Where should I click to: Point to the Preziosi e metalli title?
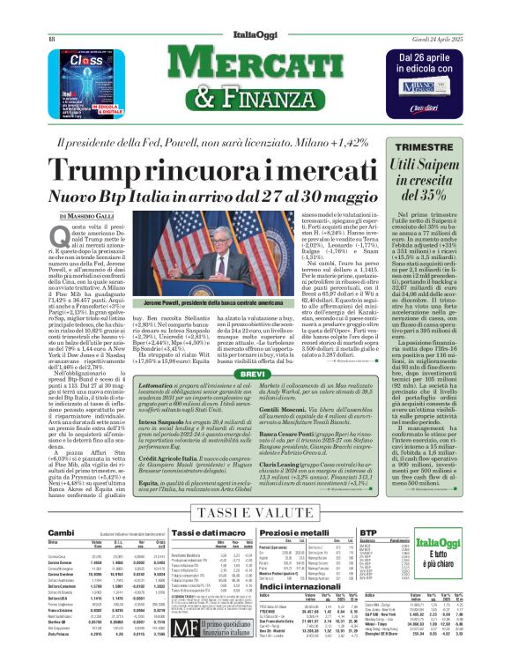pyautogui.click(x=313, y=533)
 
